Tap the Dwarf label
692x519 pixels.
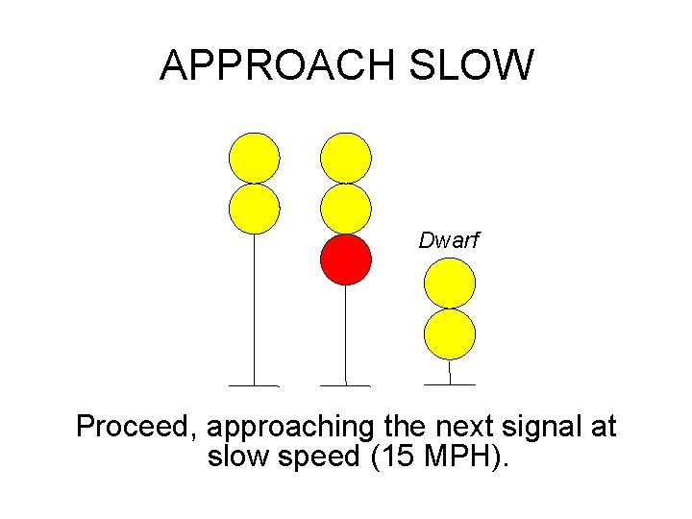448,241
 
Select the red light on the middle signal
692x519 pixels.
345,259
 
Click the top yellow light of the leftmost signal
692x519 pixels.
254,158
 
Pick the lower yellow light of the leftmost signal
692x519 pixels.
254,209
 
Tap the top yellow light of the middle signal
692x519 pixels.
345,158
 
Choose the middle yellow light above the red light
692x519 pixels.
345,209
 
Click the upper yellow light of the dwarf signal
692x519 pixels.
450,284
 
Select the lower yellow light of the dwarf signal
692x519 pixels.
450,334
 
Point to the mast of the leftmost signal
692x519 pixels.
254,308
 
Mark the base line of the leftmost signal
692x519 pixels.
254,385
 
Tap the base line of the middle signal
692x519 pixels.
345,385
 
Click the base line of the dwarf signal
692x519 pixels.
450,384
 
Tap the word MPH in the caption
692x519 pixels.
463,457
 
